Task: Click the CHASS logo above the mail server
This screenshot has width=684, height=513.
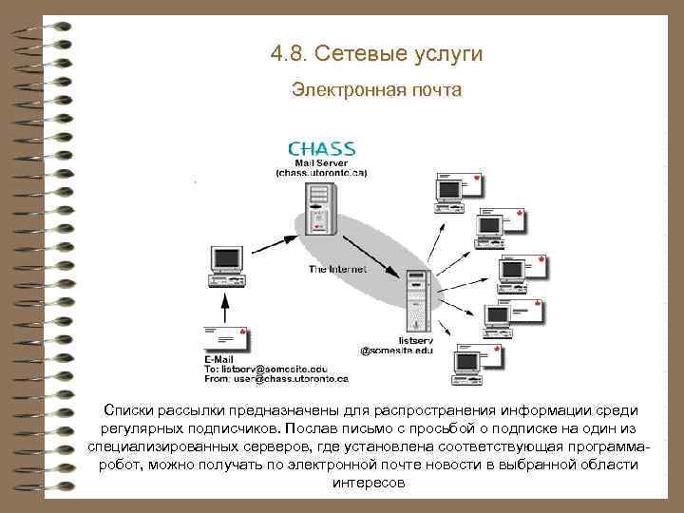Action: (x=321, y=149)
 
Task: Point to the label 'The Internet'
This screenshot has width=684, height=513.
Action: (x=337, y=270)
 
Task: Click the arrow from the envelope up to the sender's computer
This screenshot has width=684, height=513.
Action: (x=226, y=306)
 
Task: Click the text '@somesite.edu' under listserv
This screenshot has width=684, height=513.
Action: (x=396, y=351)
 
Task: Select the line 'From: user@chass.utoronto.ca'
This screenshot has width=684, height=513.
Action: (x=276, y=378)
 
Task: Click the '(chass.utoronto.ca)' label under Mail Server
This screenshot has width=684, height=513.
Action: (x=321, y=173)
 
